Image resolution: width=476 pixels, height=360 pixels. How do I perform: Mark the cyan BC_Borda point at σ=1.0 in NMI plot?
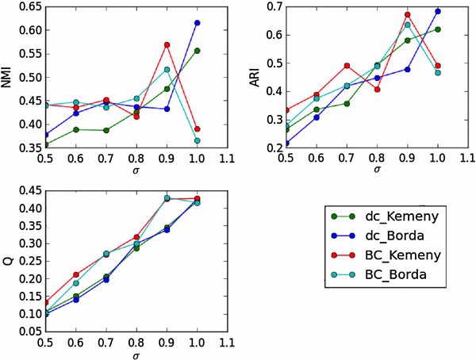point(197,140)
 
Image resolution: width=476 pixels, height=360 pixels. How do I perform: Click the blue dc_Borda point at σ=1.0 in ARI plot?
point(437,12)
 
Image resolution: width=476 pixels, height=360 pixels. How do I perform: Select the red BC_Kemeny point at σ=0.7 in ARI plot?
point(347,66)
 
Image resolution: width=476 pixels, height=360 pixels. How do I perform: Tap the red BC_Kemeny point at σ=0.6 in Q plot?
point(75,275)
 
